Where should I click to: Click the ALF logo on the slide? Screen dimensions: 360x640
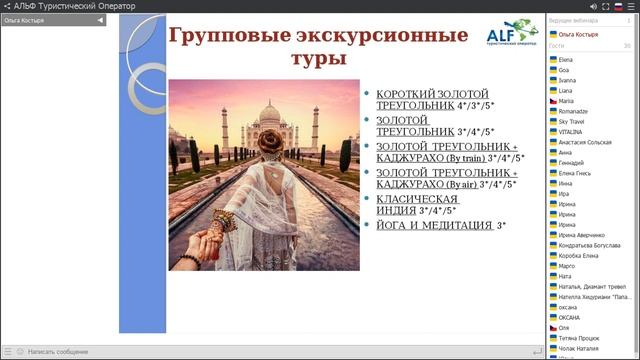[515, 37]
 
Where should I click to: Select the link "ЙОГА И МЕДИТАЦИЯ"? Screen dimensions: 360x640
[432, 226]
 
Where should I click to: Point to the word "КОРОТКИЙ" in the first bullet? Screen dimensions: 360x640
[405, 92]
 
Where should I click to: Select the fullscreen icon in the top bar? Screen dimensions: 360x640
[585, 6]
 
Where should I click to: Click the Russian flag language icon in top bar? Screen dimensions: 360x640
[619, 6]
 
